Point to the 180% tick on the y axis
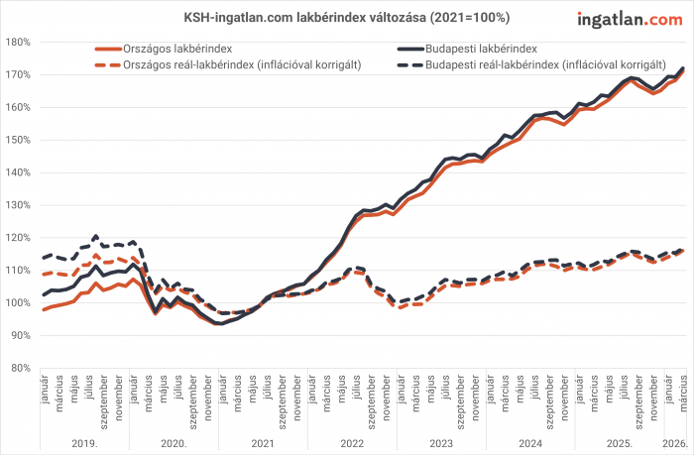point(20,42)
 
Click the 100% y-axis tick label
point(20,302)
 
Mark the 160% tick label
point(20,107)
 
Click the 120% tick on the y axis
point(20,238)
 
